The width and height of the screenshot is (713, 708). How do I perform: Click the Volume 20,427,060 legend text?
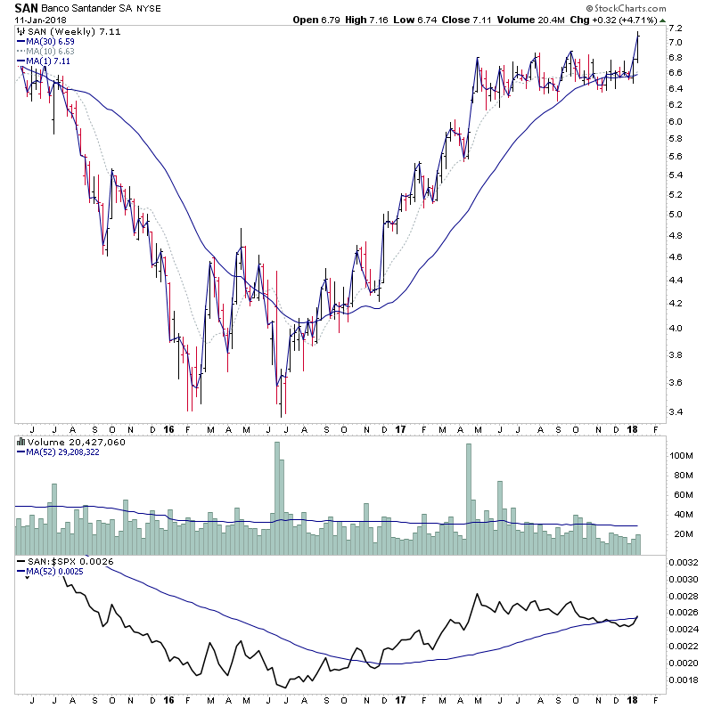(x=70, y=441)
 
